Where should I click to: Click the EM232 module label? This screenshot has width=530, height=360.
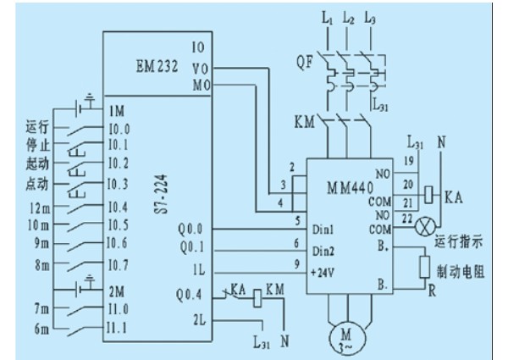157,65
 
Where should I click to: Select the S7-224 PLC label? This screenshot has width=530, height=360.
161,194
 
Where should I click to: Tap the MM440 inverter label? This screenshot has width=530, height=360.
351,187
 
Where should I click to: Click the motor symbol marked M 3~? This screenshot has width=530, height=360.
348,338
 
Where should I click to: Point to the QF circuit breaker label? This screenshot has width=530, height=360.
305,62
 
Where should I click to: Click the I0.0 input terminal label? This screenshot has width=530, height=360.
119,129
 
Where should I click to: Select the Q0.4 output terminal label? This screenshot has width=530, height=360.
189,295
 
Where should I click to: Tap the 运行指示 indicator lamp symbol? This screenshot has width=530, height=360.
425,226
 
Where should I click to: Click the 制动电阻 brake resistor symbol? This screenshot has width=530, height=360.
424,267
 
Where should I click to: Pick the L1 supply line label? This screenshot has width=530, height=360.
327,18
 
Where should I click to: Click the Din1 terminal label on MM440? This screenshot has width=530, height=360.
323,230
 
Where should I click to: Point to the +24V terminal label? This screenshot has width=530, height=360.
323,273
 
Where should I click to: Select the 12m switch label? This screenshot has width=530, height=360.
39,208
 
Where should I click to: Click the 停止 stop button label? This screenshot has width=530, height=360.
37,146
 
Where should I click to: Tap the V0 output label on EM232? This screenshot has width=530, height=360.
201,69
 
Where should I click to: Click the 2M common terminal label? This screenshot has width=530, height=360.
117,291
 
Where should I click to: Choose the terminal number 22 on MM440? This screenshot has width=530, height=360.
407,219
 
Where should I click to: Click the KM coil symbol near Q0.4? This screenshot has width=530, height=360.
257,298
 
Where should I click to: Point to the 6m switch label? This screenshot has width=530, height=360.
41,329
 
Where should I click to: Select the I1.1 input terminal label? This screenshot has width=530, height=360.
117,328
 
